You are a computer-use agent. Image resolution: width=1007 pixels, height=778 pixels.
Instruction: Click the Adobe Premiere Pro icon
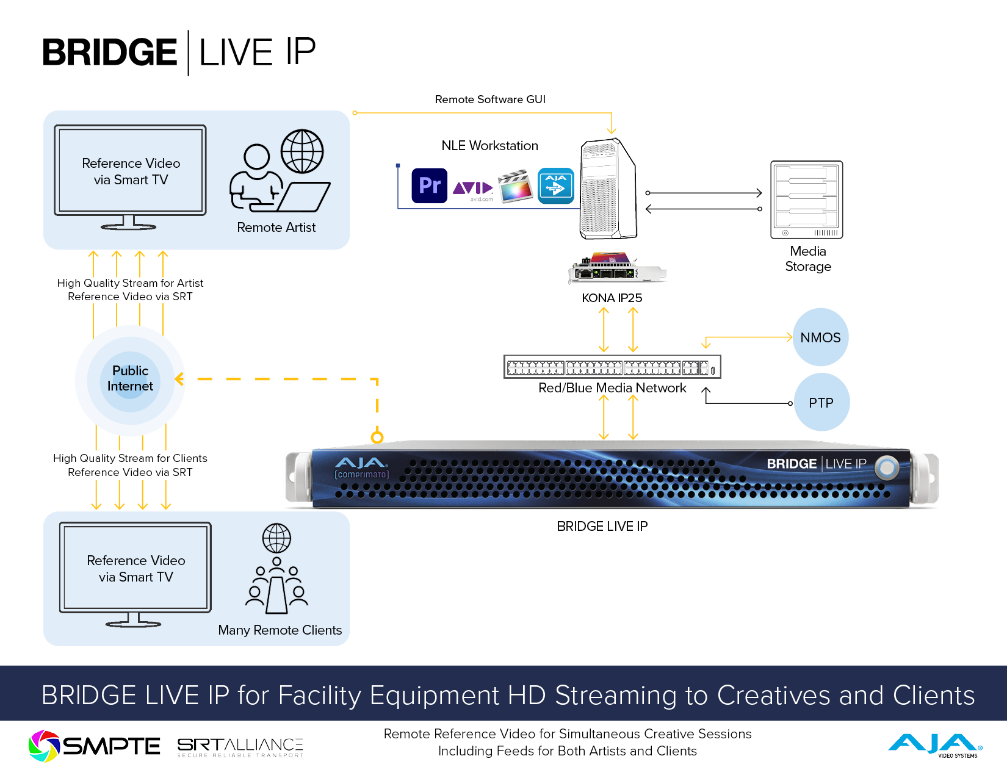[430, 185]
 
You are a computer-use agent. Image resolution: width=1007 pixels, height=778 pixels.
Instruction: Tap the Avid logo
[472, 188]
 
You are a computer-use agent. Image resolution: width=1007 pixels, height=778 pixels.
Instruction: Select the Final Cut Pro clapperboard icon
[515, 186]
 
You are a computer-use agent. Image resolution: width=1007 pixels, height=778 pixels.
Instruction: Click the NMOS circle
[820, 337]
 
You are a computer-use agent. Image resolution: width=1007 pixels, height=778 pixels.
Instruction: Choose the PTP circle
[821, 403]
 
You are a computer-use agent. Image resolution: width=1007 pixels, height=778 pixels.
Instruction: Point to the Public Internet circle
[130, 379]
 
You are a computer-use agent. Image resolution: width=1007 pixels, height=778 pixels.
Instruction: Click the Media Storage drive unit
[806, 200]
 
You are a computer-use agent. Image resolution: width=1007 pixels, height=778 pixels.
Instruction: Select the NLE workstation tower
[608, 189]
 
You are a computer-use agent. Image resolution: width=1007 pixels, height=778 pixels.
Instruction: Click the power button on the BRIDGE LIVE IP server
[887, 468]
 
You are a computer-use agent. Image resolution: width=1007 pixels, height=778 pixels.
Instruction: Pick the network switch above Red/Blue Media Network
[612, 367]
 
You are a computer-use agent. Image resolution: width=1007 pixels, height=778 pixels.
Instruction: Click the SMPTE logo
[95, 746]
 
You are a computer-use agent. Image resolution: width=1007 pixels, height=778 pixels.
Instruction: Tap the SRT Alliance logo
[240, 747]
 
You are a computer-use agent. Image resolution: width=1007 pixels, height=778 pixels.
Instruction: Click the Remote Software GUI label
[490, 99]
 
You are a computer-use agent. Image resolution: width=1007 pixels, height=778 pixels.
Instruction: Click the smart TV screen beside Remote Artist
[131, 171]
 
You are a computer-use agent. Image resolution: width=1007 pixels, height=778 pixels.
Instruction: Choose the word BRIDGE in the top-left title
[110, 52]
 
